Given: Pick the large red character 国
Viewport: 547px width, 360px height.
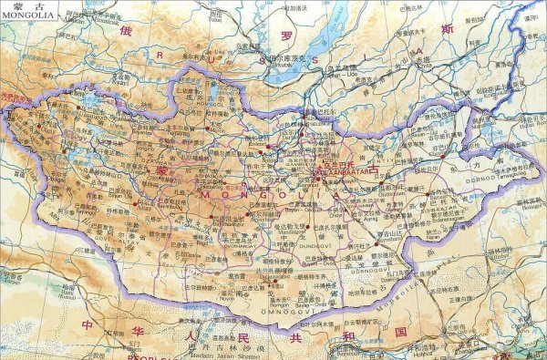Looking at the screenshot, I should [x=400, y=332].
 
